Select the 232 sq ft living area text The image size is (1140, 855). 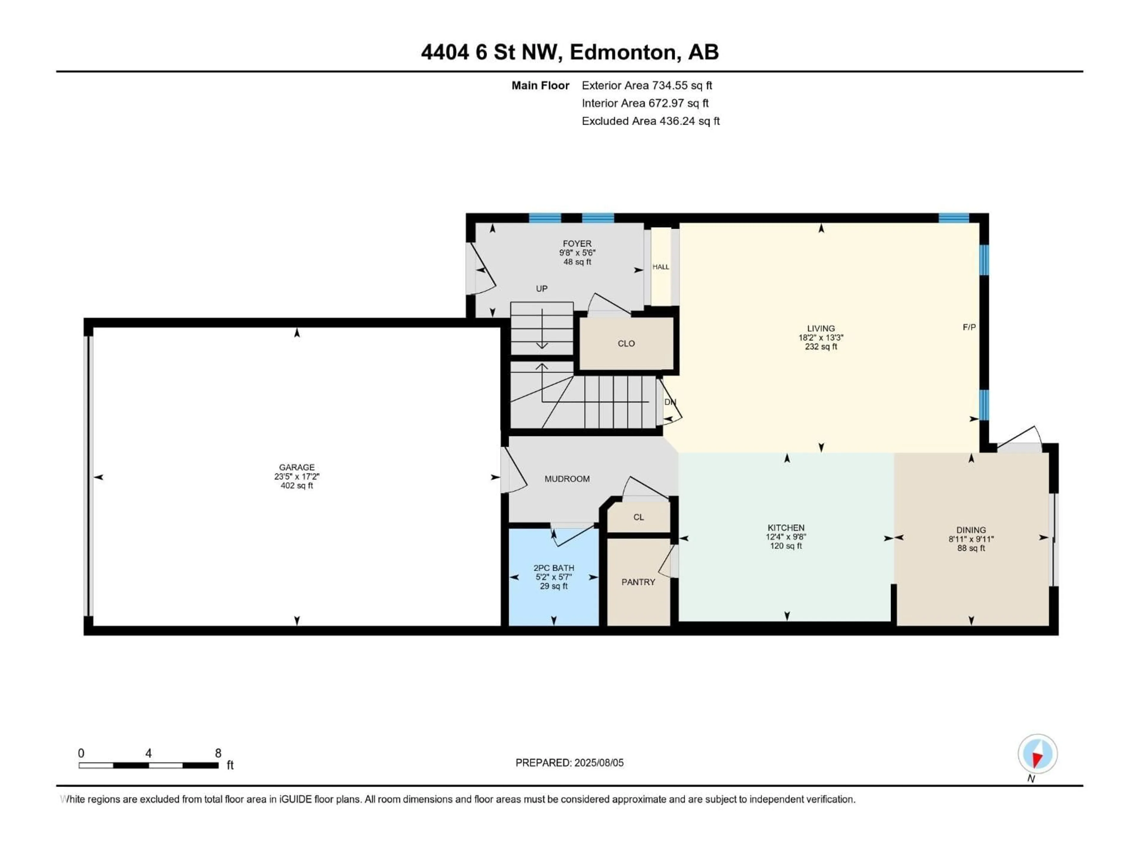coord(821,347)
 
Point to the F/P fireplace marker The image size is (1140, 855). coord(969,327)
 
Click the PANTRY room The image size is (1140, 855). coord(638,582)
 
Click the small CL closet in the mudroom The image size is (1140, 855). coord(639,517)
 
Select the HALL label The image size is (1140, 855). coord(661,267)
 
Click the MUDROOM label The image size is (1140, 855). coord(567,479)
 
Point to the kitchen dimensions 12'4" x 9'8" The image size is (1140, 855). coord(786,536)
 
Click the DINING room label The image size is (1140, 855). coord(971,530)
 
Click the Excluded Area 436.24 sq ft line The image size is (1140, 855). coord(650,121)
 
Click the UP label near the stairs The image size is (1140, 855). coord(541,289)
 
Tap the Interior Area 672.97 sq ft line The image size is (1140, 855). coord(645,103)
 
